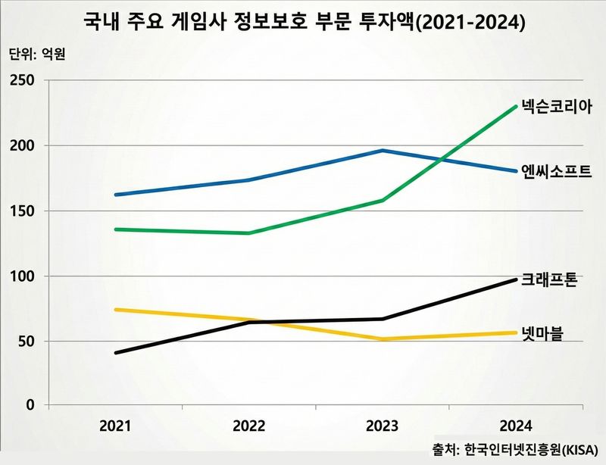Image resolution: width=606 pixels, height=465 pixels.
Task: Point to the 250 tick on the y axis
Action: point(23,80)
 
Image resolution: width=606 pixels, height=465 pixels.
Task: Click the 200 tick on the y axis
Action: point(23,145)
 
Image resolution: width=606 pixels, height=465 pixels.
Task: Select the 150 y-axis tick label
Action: point(23,211)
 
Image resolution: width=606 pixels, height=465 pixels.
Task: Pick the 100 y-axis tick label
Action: point(23,276)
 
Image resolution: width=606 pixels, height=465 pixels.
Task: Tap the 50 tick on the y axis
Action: point(27,342)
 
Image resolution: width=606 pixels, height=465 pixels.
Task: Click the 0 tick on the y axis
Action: point(31,406)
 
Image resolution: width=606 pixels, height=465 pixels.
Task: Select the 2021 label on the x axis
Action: point(114,426)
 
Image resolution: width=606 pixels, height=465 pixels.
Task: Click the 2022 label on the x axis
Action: point(248,426)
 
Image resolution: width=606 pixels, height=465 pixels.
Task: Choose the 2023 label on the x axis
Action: point(383,426)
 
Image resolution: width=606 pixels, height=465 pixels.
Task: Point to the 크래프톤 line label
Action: point(550,279)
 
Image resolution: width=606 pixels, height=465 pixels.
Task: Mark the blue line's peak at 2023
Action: point(383,150)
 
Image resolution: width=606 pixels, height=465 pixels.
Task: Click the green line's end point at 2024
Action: point(517,106)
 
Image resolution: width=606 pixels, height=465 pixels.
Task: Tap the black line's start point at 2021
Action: point(114,353)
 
